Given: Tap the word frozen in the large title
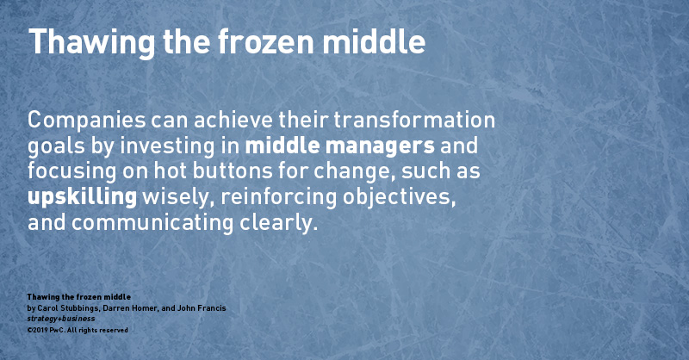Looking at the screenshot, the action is point(266,41).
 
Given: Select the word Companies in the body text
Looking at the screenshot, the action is point(87,121).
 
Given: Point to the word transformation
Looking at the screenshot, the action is point(414,120).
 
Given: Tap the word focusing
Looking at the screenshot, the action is point(72,172).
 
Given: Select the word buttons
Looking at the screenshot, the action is point(232,171).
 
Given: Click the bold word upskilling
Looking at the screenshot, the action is point(82,197).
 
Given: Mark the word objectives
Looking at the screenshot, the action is point(399,197).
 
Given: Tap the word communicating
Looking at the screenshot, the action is point(152,223).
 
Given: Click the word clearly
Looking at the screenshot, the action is point(278,223).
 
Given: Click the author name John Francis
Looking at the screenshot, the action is point(202,308).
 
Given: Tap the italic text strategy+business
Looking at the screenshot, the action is point(61,319).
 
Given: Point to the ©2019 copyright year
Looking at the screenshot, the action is point(37,330).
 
